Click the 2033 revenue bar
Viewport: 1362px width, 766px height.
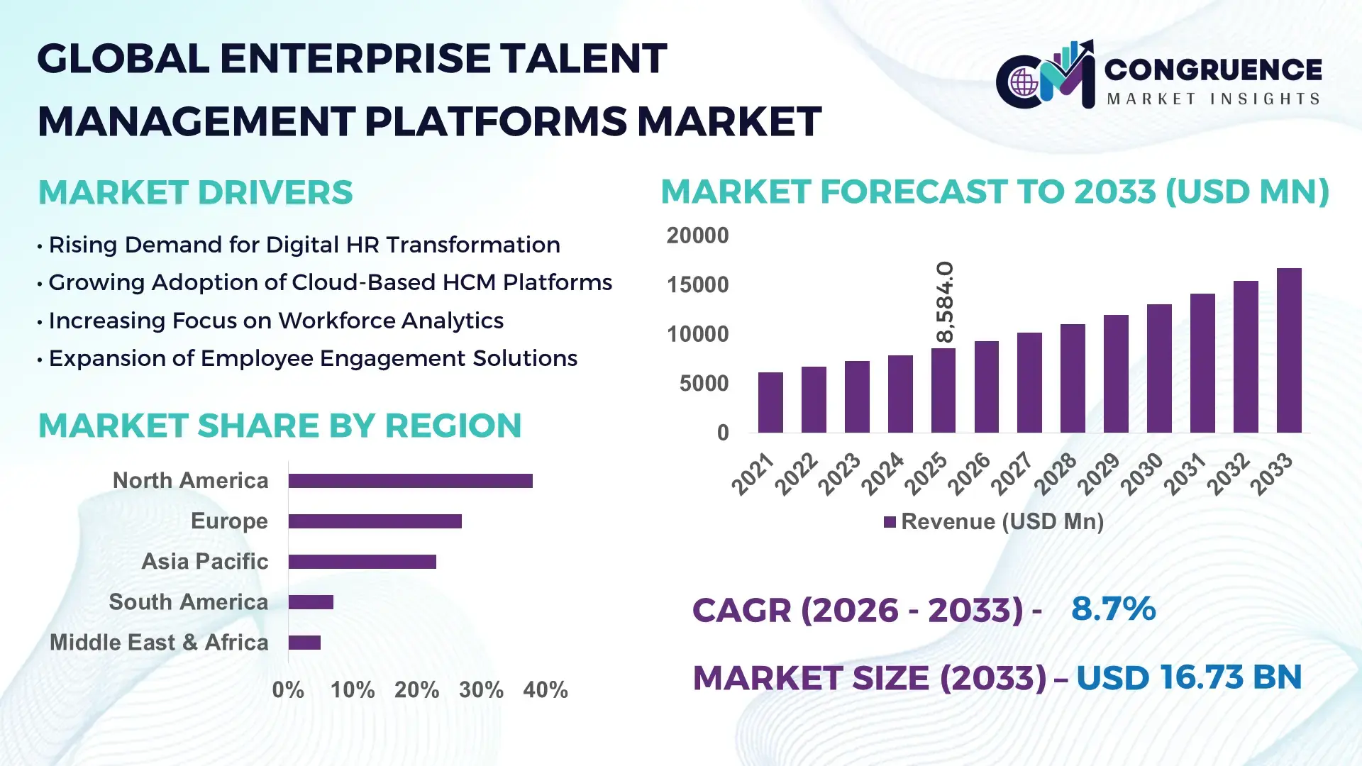point(1289,350)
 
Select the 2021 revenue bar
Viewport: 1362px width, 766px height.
point(770,402)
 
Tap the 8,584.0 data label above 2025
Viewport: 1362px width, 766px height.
point(945,301)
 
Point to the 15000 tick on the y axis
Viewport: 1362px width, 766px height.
point(697,285)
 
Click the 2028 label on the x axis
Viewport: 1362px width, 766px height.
point(1056,473)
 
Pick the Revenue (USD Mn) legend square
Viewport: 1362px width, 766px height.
point(890,523)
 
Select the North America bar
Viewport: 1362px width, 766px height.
point(410,481)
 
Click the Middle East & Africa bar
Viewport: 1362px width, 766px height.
point(304,643)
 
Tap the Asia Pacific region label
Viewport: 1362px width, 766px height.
point(204,562)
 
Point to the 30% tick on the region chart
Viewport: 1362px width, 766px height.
point(481,690)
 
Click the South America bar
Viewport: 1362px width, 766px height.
point(311,602)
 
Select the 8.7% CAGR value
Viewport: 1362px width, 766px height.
point(1113,609)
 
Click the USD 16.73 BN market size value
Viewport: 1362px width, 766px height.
point(1189,677)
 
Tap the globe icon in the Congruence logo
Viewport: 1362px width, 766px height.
point(1024,82)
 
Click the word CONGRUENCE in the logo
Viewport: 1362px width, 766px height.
point(1213,70)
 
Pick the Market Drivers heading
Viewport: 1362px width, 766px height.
point(195,193)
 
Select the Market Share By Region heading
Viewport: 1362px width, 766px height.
point(279,426)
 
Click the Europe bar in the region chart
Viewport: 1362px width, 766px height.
point(375,521)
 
